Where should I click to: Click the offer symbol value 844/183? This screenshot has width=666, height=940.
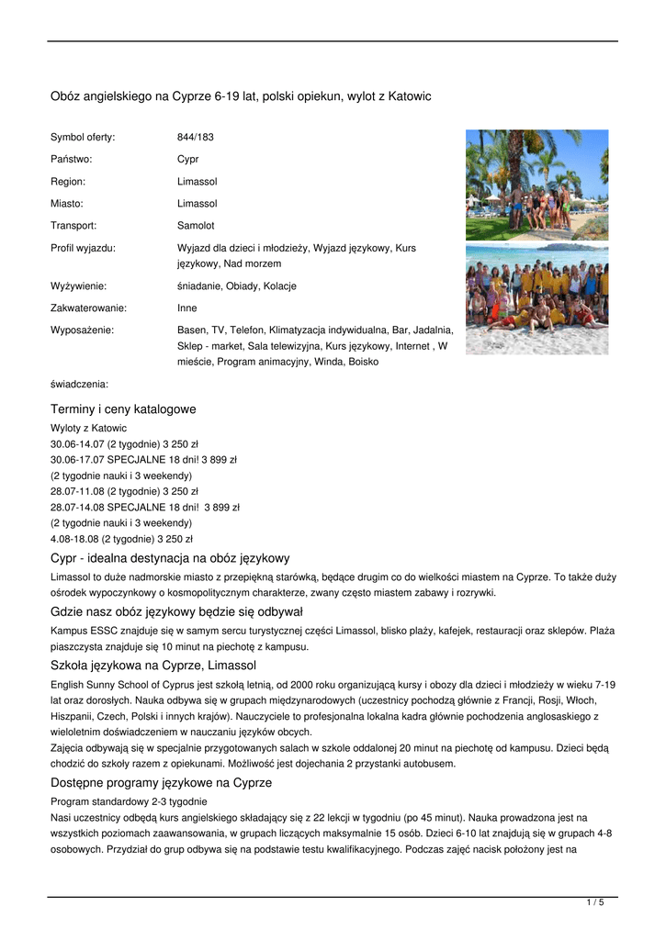[x=195, y=138]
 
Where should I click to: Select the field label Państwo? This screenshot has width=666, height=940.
[x=71, y=160]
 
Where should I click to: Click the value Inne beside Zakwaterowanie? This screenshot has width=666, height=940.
[x=187, y=308]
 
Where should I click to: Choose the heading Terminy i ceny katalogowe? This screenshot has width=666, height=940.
[x=123, y=409]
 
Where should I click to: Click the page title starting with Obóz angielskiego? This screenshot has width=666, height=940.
[x=240, y=96]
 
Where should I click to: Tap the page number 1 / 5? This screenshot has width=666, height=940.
[x=595, y=903]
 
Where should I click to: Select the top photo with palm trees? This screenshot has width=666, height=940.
[x=536, y=185]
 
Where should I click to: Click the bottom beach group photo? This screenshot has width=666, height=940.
[x=536, y=299]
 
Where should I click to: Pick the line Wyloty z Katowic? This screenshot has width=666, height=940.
[x=88, y=429]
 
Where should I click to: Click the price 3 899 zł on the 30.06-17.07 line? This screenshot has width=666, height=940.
[x=220, y=460]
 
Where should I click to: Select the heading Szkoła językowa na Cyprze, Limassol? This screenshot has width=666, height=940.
[x=153, y=665]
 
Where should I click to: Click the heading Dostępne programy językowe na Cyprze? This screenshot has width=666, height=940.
[x=161, y=783]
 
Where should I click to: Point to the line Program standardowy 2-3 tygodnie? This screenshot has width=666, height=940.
[x=116, y=802]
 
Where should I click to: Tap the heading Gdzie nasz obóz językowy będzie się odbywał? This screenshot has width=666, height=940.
[x=176, y=611]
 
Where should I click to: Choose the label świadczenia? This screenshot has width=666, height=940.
[x=79, y=385]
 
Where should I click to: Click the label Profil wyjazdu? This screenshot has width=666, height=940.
[x=83, y=248]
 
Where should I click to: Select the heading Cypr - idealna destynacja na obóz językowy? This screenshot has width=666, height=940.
[x=170, y=558]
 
